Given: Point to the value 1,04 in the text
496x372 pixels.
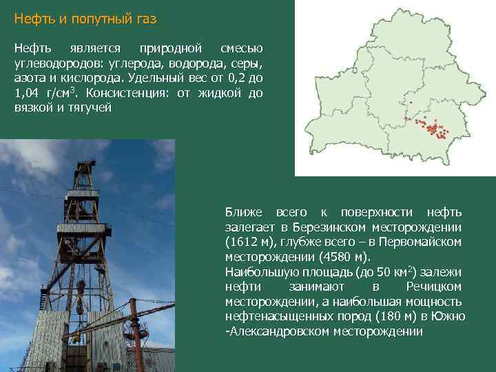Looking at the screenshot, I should (x=29, y=93).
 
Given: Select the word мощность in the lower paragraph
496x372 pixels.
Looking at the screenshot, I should (x=433, y=302).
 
